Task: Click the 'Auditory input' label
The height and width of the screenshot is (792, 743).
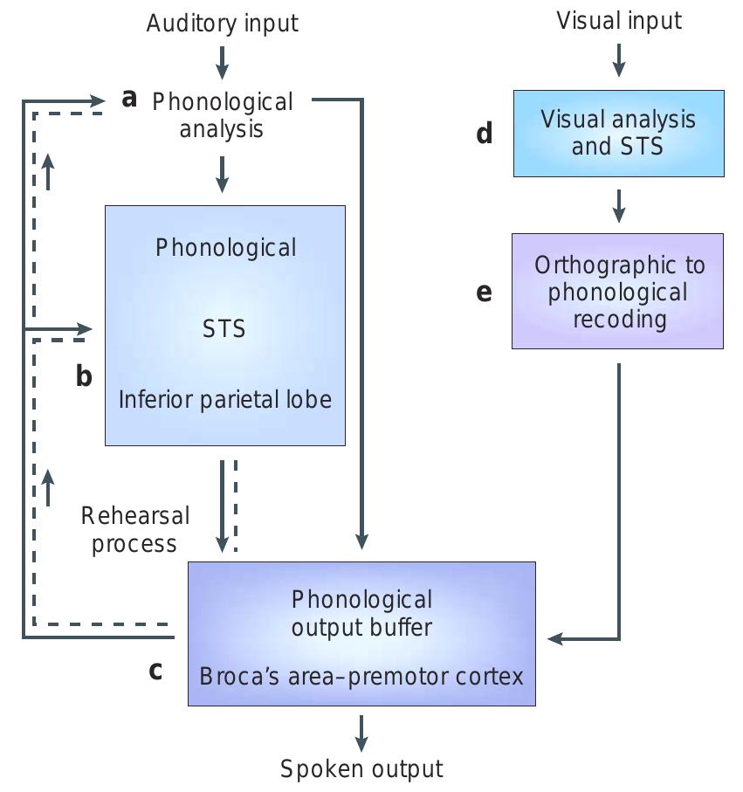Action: point(222,23)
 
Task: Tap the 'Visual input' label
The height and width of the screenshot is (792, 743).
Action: point(618,20)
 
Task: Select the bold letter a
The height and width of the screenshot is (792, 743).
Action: point(130,99)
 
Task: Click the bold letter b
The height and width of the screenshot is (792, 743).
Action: point(84,377)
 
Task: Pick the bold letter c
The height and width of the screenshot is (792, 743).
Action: point(155,671)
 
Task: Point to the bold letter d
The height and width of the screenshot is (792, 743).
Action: point(484,134)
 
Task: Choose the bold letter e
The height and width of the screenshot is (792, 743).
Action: point(484,293)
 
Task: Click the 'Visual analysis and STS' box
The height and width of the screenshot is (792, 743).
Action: point(618,133)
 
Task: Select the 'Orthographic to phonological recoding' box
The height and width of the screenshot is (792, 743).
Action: point(617,292)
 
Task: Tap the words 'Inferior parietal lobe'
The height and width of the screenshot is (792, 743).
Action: point(225,400)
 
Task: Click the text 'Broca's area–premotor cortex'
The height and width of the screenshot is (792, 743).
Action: point(361,676)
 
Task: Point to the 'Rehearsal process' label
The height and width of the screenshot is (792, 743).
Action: point(134,529)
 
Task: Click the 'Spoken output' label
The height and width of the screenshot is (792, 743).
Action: point(361,768)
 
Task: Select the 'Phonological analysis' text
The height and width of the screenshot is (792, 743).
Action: point(222,115)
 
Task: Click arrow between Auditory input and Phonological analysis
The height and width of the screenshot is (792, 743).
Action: point(222,61)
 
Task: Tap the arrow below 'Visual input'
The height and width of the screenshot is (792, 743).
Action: point(618,59)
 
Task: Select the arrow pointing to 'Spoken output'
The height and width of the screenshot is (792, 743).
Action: point(361,732)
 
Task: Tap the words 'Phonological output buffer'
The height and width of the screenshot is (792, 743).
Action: point(361,613)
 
